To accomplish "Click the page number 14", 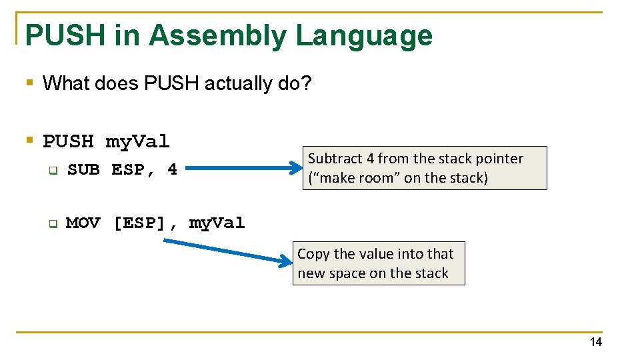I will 595,342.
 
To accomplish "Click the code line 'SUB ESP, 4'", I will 122,169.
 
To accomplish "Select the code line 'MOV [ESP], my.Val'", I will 155,223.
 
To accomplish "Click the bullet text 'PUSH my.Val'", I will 106,141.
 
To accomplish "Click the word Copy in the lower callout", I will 313,254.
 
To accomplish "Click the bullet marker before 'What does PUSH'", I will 29,83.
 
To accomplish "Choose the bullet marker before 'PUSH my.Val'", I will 29,141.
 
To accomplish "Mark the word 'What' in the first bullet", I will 62,84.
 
